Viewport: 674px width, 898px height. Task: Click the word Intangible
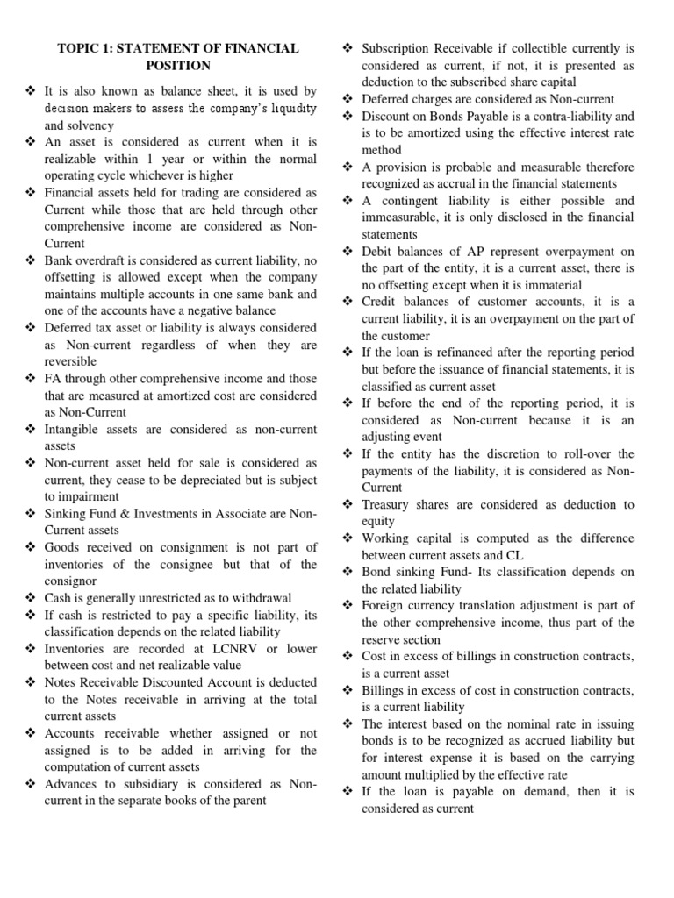point(76,429)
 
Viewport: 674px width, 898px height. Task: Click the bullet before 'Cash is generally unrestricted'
point(31,598)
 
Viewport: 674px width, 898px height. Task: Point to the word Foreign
point(384,606)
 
